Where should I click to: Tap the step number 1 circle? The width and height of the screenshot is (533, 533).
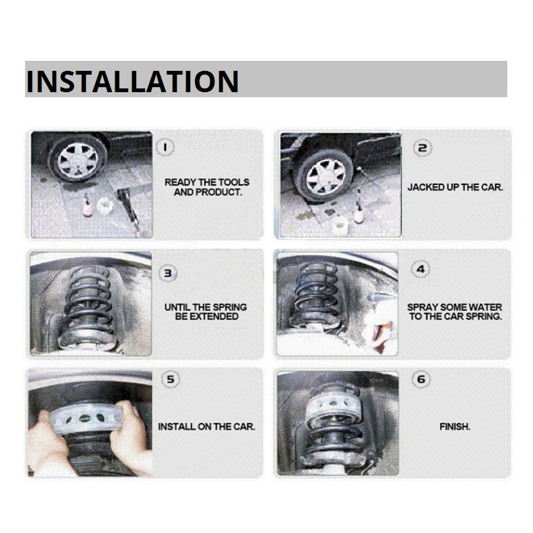(x=165, y=147)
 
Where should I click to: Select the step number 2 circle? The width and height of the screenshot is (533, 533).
(x=423, y=148)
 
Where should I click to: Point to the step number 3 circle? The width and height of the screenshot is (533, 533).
(x=168, y=273)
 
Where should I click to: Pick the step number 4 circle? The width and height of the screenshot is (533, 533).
(x=421, y=269)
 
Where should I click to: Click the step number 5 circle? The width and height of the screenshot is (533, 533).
(x=171, y=379)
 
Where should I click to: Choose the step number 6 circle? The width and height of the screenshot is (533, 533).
(x=421, y=379)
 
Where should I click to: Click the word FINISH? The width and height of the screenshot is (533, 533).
(x=455, y=426)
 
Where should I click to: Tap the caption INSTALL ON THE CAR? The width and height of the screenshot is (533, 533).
(x=207, y=426)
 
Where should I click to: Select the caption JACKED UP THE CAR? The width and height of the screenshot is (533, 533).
(x=455, y=187)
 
